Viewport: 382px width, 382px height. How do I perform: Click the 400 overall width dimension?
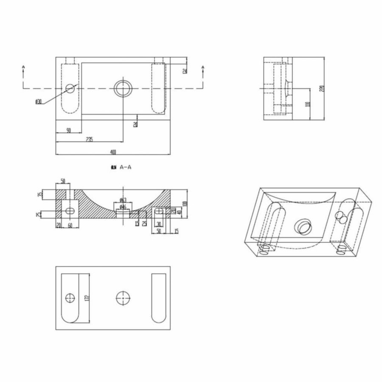113,152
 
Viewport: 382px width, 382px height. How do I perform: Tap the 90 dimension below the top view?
69,130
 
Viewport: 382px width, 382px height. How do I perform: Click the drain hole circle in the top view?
123,88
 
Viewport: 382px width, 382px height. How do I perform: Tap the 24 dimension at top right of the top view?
185,70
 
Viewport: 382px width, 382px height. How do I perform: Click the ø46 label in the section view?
122,207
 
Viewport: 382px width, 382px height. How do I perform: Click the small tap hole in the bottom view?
69,298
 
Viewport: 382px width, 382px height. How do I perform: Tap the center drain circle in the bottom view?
123,298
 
